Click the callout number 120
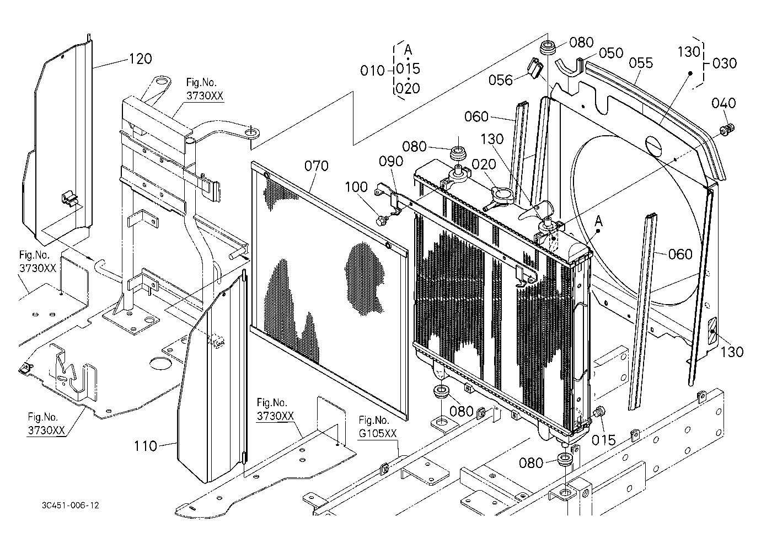(x=140, y=59)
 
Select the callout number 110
(x=146, y=446)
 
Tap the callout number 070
(x=317, y=166)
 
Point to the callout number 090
(x=391, y=161)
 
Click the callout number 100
(x=356, y=187)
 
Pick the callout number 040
(x=724, y=103)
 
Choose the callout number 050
(x=611, y=53)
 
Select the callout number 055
(x=641, y=63)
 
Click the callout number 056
(x=500, y=80)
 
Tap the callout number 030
(x=725, y=63)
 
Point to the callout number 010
(x=372, y=71)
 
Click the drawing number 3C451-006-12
(x=71, y=506)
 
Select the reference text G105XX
(x=378, y=433)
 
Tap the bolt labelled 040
(x=727, y=129)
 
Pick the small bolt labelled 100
(x=380, y=221)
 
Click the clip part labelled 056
(x=535, y=68)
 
